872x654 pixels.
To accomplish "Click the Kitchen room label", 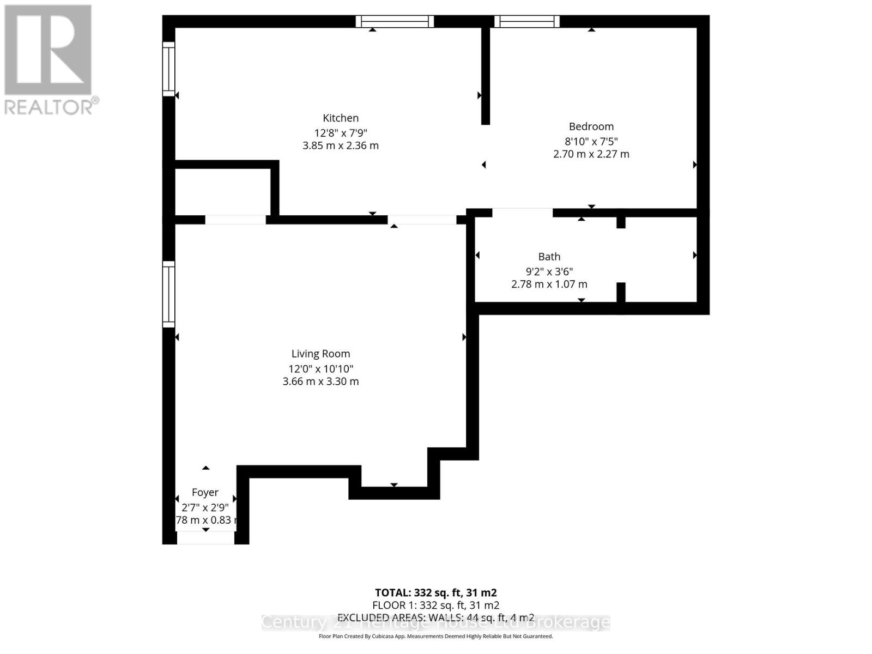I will coord(341,118).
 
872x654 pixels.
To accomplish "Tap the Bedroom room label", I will coord(591,126).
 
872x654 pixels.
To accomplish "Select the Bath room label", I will coord(549,256).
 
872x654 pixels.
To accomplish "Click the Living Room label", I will coord(320,354).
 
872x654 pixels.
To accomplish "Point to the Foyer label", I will coord(205,492).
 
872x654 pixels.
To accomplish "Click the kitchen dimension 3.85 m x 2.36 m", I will coord(341,146).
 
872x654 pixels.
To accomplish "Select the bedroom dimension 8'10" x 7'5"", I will coord(591,141).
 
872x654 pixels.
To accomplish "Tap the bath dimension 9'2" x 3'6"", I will coord(549,271).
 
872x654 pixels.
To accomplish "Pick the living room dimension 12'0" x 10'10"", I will coord(320,368).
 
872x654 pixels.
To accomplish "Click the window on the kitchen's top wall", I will coord(395,21).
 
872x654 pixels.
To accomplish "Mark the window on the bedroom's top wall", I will coord(526,21).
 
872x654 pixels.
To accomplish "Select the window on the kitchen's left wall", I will coord(168,69).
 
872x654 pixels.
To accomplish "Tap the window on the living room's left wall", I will coord(168,294).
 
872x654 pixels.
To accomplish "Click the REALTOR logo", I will coord(50,60).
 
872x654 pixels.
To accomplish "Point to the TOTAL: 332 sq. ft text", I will coord(435,592).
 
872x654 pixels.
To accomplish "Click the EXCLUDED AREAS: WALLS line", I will coord(435,617).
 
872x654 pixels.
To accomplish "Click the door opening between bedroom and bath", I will coord(522,213).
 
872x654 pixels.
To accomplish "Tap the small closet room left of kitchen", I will coord(222,192).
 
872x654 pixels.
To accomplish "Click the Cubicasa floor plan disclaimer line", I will coord(435,636).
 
